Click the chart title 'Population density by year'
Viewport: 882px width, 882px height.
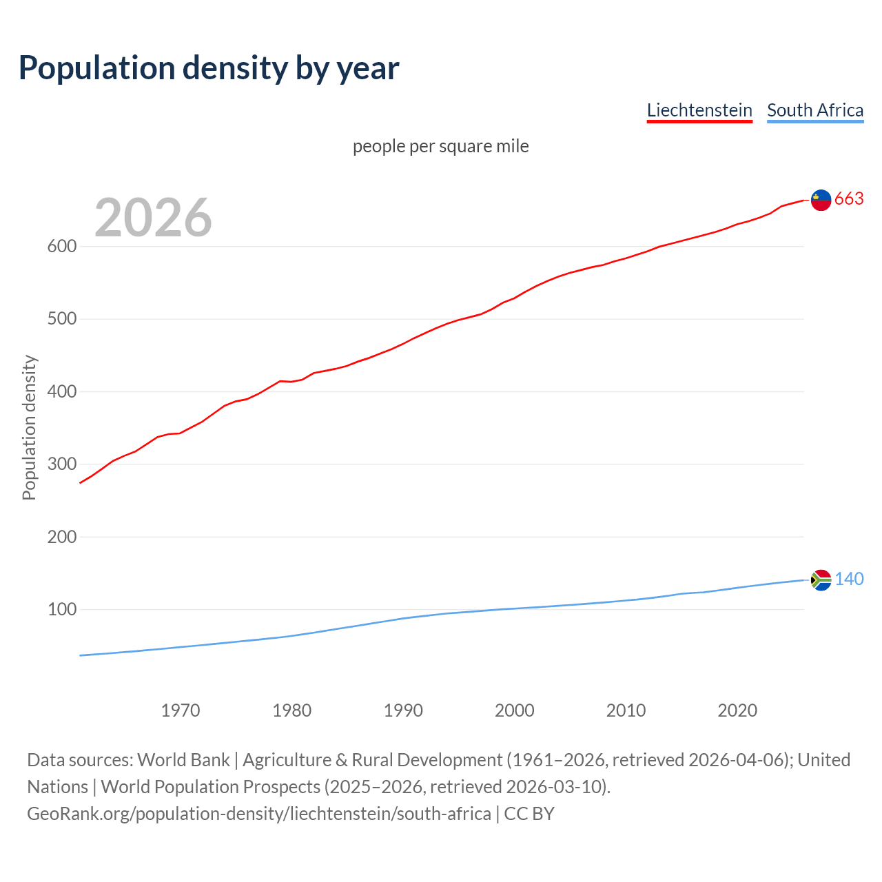click(x=209, y=68)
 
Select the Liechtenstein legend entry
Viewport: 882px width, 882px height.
click(x=699, y=110)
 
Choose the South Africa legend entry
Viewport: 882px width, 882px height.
click(x=815, y=110)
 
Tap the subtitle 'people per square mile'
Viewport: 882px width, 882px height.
click(x=441, y=146)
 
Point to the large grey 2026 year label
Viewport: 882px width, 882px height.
click(x=153, y=218)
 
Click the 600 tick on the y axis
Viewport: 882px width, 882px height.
click(x=61, y=247)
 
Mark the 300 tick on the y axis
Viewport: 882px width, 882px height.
click(x=61, y=464)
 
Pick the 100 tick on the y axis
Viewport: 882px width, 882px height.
click(x=61, y=610)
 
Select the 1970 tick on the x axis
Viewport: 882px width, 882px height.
click(x=181, y=710)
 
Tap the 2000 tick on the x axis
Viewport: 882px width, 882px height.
click(x=515, y=710)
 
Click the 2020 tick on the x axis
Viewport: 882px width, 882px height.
click(x=737, y=710)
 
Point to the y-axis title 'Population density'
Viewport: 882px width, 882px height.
click(x=29, y=427)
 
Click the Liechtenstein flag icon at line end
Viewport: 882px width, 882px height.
click(x=821, y=200)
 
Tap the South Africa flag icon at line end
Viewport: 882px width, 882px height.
click(x=821, y=580)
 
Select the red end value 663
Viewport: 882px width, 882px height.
click(x=849, y=199)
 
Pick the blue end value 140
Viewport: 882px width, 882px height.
click(x=849, y=580)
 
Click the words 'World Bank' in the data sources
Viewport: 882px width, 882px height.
click(x=183, y=760)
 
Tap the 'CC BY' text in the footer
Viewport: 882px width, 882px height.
click(x=529, y=814)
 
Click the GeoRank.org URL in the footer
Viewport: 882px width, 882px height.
click(x=258, y=814)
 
